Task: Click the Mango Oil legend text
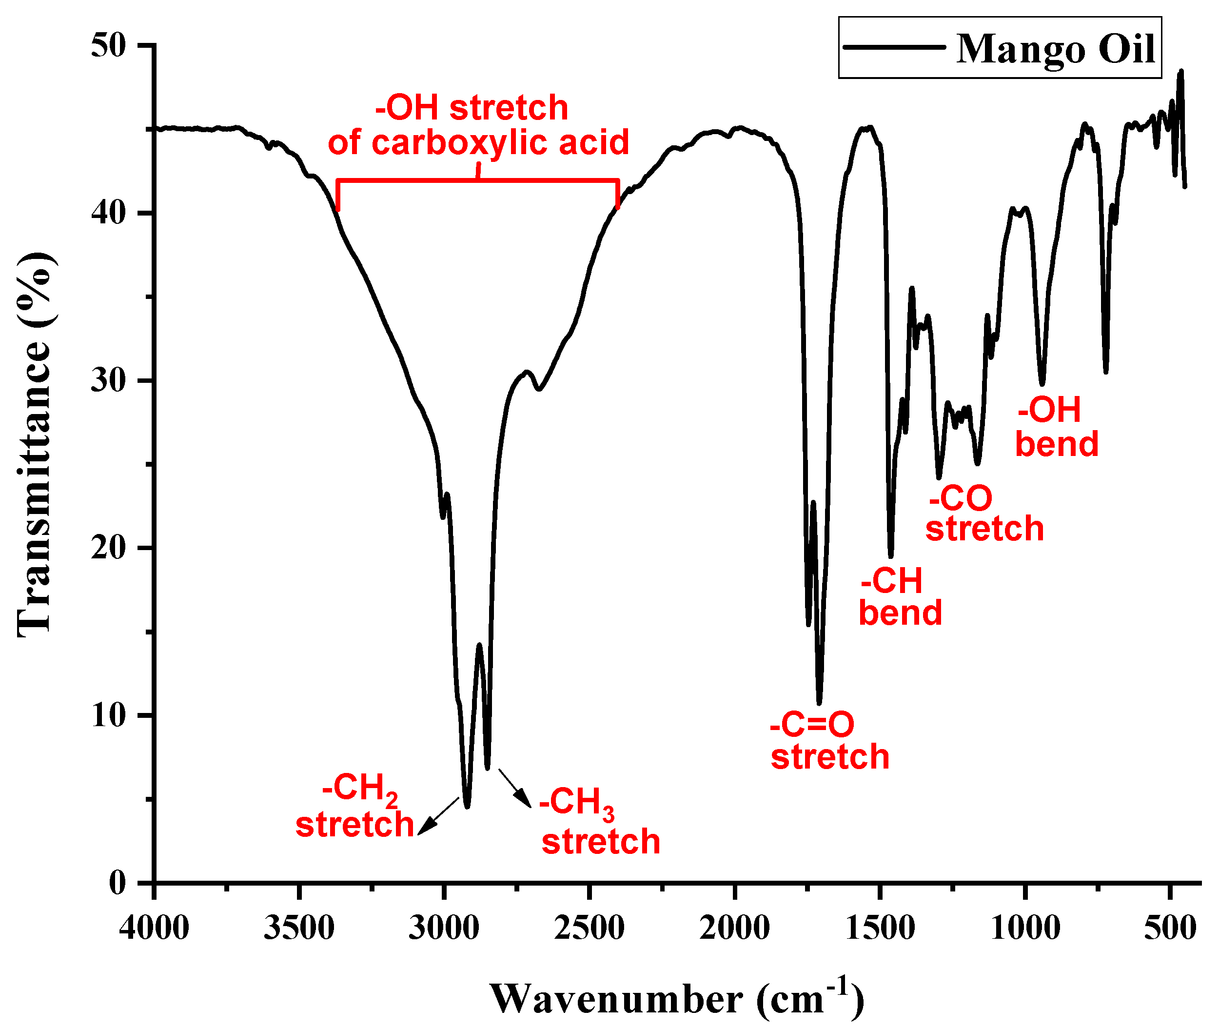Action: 1055,49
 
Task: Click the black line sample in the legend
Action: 893,47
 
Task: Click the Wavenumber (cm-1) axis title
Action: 676,999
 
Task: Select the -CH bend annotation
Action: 900,597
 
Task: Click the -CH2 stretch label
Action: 355,807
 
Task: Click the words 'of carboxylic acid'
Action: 478,142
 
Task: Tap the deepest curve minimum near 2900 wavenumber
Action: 467,806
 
